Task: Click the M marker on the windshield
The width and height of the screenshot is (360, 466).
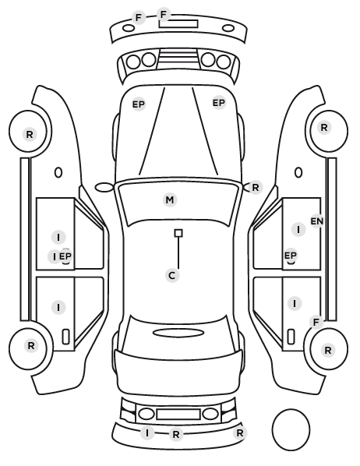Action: pyautogui.click(x=170, y=199)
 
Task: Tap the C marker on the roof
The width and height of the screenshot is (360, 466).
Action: pyautogui.click(x=172, y=276)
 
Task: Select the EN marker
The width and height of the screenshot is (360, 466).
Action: pyautogui.click(x=317, y=221)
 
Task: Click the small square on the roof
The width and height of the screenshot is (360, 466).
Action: pyautogui.click(x=178, y=233)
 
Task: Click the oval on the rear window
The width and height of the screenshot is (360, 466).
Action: pyautogui.click(x=178, y=333)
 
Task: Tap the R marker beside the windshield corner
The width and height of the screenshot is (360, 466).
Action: pyautogui.click(x=256, y=188)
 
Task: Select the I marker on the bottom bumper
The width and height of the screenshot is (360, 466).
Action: pyautogui.click(x=147, y=433)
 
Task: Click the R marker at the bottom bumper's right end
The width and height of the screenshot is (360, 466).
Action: pyautogui.click(x=239, y=433)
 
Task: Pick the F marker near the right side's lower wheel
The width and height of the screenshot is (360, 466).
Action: pyautogui.click(x=316, y=322)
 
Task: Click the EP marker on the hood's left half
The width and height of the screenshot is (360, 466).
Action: pyautogui.click(x=138, y=104)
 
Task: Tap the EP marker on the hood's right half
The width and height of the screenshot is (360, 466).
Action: pyautogui.click(x=219, y=103)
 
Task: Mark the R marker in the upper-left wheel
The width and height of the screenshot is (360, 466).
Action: pyautogui.click(x=30, y=134)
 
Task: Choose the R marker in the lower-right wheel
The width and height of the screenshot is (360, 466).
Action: pyautogui.click(x=327, y=351)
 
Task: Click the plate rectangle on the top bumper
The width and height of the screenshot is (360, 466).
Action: pyautogui.click(x=178, y=24)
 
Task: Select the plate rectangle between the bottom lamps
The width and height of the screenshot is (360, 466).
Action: pyautogui.click(x=178, y=415)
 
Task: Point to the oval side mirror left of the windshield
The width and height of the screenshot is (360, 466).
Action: pyautogui.click(x=104, y=188)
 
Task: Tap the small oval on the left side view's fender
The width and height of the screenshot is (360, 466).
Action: pyautogui.click(x=58, y=172)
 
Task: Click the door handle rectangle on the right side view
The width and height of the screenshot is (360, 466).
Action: pyautogui.click(x=291, y=337)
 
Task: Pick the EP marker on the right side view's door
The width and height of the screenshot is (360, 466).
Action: pyautogui.click(x=290, y=256)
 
